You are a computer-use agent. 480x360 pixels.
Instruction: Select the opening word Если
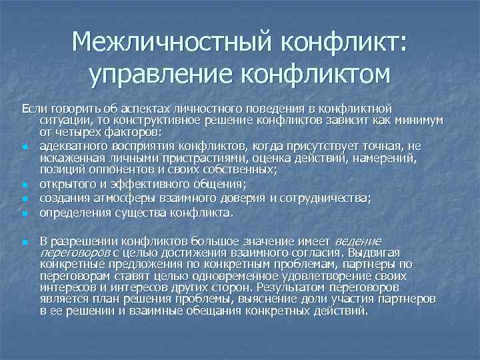(33, 108)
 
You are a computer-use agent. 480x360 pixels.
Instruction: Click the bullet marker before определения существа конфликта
(24, 215)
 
